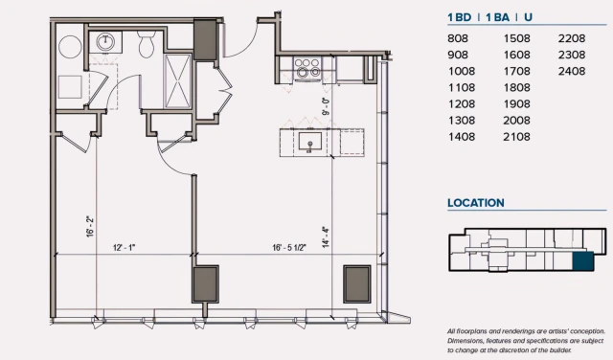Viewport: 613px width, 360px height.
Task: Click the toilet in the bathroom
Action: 147,44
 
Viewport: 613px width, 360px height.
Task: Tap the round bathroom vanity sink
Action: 105,41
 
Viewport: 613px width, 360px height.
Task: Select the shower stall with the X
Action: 178,81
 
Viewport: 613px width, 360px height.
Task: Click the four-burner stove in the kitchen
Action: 307,67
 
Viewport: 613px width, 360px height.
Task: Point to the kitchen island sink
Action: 310,142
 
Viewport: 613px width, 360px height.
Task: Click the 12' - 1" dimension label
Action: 124,247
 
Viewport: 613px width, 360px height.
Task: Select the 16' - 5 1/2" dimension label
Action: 289,247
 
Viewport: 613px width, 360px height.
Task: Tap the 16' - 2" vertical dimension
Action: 90,226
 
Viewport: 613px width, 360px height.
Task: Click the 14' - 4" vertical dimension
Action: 326,236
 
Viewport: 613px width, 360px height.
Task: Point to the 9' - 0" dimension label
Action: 326,106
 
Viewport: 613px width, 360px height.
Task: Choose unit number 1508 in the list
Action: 517,38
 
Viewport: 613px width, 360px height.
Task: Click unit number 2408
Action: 572,71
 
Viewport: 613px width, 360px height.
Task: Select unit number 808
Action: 458,38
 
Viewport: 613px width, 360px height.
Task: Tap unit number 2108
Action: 517,137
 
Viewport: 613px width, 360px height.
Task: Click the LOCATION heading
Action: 476,203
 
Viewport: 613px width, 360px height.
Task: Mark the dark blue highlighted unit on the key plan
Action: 583,261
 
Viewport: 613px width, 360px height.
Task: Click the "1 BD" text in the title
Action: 460,17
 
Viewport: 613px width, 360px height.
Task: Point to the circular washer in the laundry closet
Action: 70,47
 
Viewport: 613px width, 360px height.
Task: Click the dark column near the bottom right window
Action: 357,284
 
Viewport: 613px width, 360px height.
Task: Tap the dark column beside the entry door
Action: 205,40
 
